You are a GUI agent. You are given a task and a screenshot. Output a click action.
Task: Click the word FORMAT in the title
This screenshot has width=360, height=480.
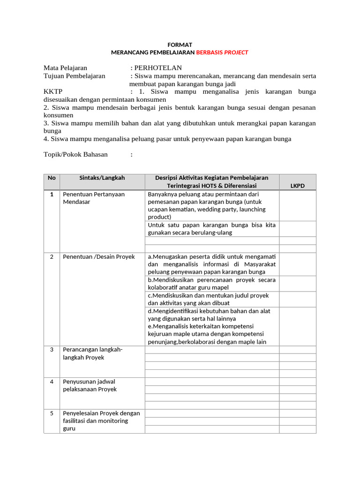180,45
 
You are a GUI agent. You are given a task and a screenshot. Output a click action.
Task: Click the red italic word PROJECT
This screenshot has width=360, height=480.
236,52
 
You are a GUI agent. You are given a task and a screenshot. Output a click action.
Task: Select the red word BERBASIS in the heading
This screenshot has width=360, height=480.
209,52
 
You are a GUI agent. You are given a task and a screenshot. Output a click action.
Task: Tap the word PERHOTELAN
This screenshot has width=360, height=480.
158,68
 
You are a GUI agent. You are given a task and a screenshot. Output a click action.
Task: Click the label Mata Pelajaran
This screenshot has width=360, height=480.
65,68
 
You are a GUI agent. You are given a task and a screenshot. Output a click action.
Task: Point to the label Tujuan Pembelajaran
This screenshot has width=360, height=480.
74,76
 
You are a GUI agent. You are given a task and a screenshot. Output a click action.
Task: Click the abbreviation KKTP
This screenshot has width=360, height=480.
53,91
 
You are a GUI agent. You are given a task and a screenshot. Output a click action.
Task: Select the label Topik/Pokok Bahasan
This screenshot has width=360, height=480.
75,154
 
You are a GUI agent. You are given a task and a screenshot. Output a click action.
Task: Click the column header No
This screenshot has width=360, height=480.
52,178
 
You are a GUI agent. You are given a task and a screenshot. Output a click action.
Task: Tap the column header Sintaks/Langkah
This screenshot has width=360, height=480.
102,178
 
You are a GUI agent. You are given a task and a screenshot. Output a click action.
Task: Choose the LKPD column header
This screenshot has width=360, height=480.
297,186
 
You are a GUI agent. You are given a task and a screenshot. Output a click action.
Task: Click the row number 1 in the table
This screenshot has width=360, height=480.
52,194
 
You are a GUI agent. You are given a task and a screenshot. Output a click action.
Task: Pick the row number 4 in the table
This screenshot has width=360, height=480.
52,382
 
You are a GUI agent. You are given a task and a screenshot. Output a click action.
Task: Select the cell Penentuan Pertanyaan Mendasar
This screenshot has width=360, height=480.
94,198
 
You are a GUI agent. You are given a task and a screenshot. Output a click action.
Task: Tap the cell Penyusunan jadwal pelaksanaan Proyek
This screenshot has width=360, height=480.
90,385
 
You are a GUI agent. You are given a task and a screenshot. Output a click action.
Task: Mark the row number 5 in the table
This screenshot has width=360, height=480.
52,413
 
